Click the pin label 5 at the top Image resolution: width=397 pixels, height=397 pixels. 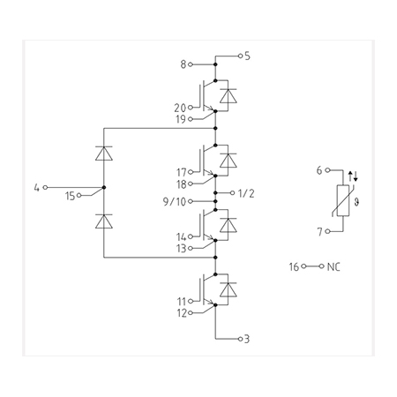(x=247, y=56)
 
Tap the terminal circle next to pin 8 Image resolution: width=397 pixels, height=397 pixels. (x=191, y=64)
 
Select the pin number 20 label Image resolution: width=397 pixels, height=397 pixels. (x=180, y=108)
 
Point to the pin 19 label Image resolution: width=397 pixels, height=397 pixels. (x=181, y=119)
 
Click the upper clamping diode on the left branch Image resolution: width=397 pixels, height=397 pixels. (x=104, y=154)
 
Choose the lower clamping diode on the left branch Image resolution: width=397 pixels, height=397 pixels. (x=104, y=221)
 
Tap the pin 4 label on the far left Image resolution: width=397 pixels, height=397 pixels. (x=36, y=187)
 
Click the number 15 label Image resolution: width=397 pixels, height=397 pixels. (x=71, y=196)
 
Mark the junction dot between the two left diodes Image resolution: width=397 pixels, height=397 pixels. (x=104, y=187)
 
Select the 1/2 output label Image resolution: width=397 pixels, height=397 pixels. (x=246, y=193)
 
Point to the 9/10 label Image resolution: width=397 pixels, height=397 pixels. (x=175, y=202)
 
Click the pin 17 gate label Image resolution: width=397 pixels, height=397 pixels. (x=182, y=172)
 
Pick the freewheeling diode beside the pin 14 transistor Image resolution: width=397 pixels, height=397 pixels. (x=228, y=225)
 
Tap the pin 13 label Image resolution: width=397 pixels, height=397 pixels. (x=182, y=249)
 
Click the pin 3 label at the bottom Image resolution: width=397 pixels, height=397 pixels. (x=247, y=339)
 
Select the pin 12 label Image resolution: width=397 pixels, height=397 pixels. (x=182, y=313)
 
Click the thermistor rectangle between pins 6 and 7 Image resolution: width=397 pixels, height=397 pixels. (x=343, y=201)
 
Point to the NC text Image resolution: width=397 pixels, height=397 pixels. (x=333, y=267)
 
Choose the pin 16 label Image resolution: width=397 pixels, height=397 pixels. (x=294, y=267)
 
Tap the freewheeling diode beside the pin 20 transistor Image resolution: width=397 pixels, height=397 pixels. (x=228, y=96)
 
